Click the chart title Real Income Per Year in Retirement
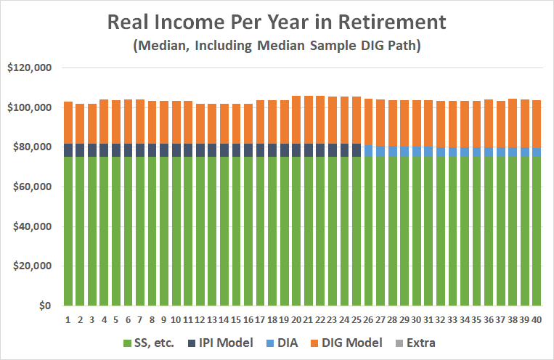click(277, 22)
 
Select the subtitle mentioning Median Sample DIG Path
click(277, 46)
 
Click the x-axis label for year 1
click(68, 319)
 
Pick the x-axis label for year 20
click(296, 319)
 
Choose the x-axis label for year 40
click(535, 319)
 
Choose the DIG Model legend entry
click(361, 342)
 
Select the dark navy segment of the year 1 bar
click(68, 150)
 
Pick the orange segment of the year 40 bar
click(535, 124)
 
